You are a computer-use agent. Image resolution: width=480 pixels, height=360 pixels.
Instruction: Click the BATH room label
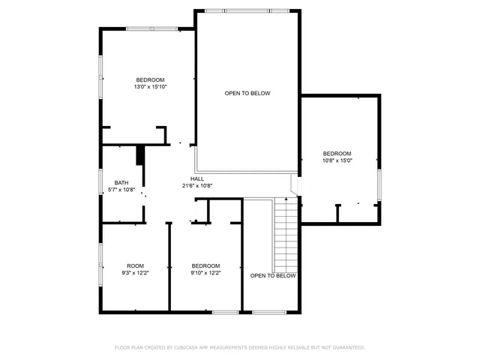click(121, 183)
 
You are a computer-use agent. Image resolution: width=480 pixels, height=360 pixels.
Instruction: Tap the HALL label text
click(197, 178)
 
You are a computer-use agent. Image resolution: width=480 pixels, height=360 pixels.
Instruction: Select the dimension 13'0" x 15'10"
click(150, 87)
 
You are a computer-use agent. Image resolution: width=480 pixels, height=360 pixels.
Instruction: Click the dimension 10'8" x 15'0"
click(337, 160)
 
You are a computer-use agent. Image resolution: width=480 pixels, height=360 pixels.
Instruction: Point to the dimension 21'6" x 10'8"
click(197, 186)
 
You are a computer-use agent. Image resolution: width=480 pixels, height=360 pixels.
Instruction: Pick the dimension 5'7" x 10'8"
click(121, 190)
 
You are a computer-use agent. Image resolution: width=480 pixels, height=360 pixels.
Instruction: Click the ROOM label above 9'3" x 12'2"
click(135, 265)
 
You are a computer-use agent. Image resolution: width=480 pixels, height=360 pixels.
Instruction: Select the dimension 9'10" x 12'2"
click(205, 273)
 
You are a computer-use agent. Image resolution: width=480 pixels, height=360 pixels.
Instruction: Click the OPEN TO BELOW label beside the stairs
click(273, 276)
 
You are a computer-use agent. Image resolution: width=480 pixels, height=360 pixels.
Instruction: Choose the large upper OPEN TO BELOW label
click(247, 93)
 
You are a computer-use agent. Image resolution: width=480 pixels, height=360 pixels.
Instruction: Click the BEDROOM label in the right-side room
click(337, 153)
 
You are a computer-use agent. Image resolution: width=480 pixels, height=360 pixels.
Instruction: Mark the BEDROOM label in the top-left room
click(150, 79)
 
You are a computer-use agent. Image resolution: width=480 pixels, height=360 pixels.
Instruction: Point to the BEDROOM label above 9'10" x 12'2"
click(205, 265)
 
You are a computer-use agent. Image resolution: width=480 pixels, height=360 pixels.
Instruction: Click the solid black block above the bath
click(139, 155)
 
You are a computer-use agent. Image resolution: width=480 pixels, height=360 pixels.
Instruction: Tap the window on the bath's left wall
click(100, 183)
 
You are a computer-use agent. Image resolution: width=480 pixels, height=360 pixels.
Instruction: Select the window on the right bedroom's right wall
click(380, 184)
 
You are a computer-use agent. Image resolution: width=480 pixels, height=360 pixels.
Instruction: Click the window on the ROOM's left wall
click(100, 265)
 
